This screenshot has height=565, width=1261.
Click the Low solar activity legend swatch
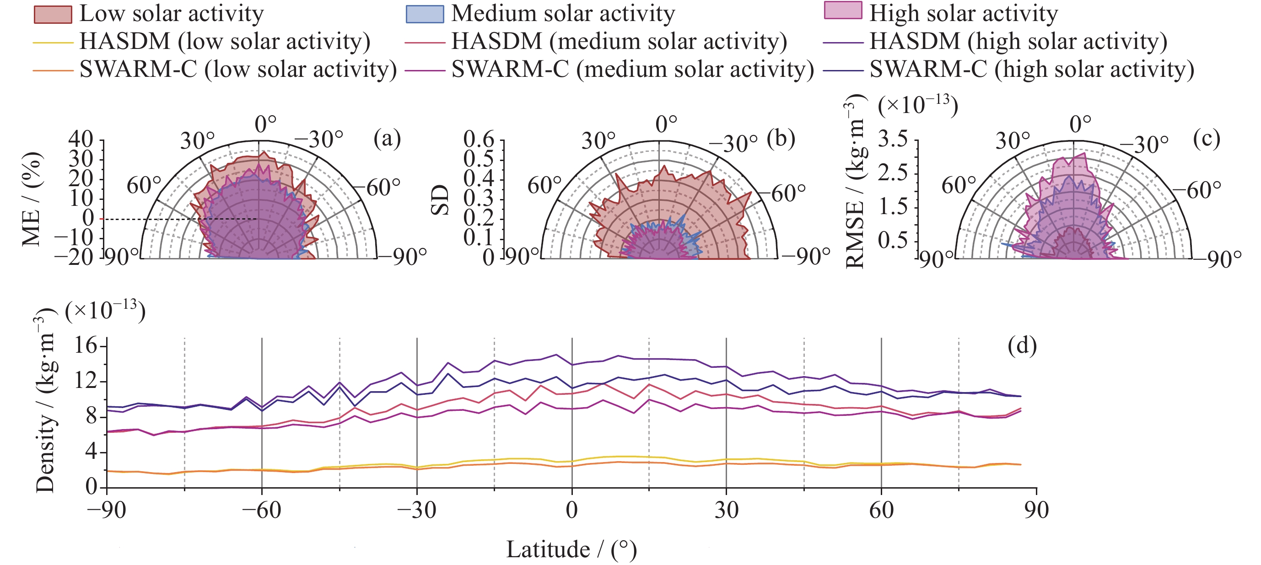[53, 14]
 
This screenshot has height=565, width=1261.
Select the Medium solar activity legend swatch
[425, 14]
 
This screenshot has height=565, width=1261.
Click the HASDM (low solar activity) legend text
[225, 42]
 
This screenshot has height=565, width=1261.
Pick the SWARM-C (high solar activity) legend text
[1032, 70]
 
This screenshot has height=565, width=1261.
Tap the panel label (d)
[1022, 346]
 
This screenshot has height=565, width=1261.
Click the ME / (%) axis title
[32, 198]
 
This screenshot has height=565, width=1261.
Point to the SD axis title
[440, 200]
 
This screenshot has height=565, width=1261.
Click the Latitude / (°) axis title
[571, 549]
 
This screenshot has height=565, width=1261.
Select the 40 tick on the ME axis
[81, 139]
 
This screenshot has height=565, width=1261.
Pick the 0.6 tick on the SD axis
[479, 140]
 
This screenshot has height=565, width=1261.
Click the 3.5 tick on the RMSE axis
[893, 140]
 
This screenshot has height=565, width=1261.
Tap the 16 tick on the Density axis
[86, 346]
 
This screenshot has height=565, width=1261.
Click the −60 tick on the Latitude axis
[261, 511]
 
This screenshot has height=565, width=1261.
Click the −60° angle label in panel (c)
[1203, 190]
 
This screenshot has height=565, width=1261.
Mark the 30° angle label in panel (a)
[197, 141]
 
